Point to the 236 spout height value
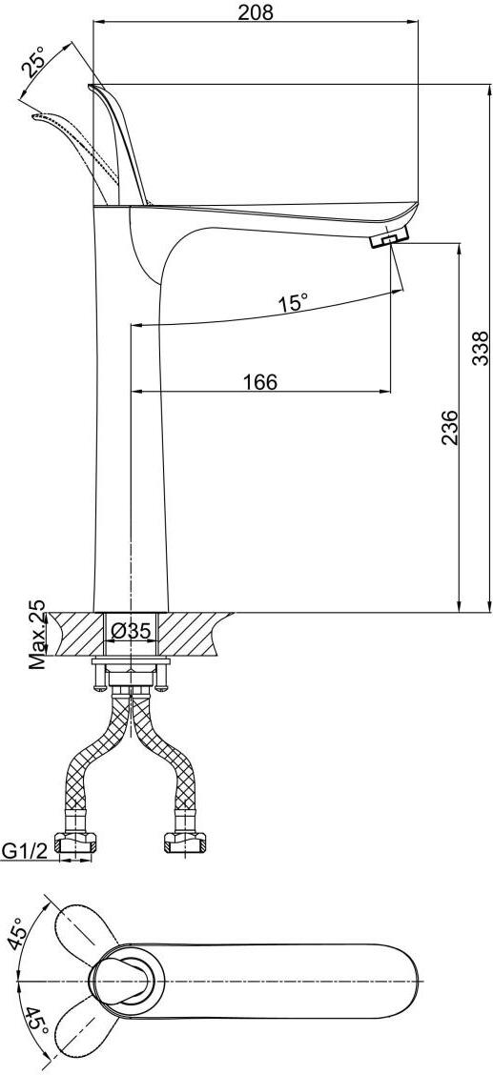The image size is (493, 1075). [449, 428]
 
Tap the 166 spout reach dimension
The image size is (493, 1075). [260, 382]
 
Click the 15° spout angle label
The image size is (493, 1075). [293, 302]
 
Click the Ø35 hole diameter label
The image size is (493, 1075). [130, 632]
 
